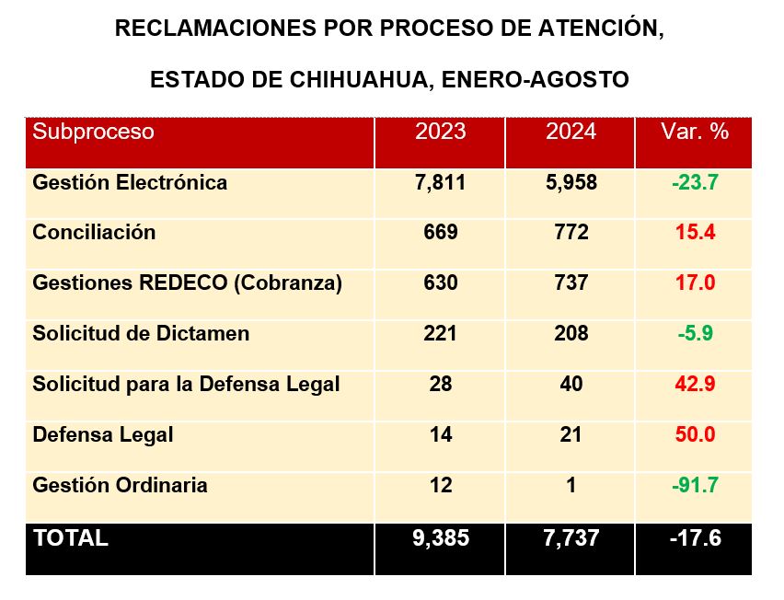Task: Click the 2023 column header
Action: pyautogui.click(x=440, y=132)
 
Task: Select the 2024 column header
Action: pyautogui.click(x=571, y=132)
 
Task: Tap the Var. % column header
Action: pyautogui.click(x=695, y=132)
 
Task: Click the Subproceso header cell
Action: pyautogui.click(x=93, y=132)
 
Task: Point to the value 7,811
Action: pyautogui.click(x=440, y=182)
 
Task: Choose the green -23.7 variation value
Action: pyautogui.click(x=695, y=182)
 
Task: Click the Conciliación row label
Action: pyautogui.click(x=94, y=233)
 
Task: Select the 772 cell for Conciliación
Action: pyautogui.click(x=571, y=233)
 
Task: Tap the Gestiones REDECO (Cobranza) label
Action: pyautogui.click(x=187, y=283)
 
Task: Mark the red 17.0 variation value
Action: pyautogui.click(x=695, y=283)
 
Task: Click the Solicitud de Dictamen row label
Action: pyautogui.click(x=141, y=333)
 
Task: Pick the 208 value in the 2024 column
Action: pyautogui.click(x=571, y=333)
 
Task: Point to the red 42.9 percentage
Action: pyautogui.click(x=695, y=384)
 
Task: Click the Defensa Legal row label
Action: pyautogui.click(x=102, y=434)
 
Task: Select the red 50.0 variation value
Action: pyautogui.click(x=695, y=434)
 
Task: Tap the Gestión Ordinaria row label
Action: pyautogui.click(x=120, y=485)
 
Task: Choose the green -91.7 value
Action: pyautogui.click(x=695, y=485)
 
